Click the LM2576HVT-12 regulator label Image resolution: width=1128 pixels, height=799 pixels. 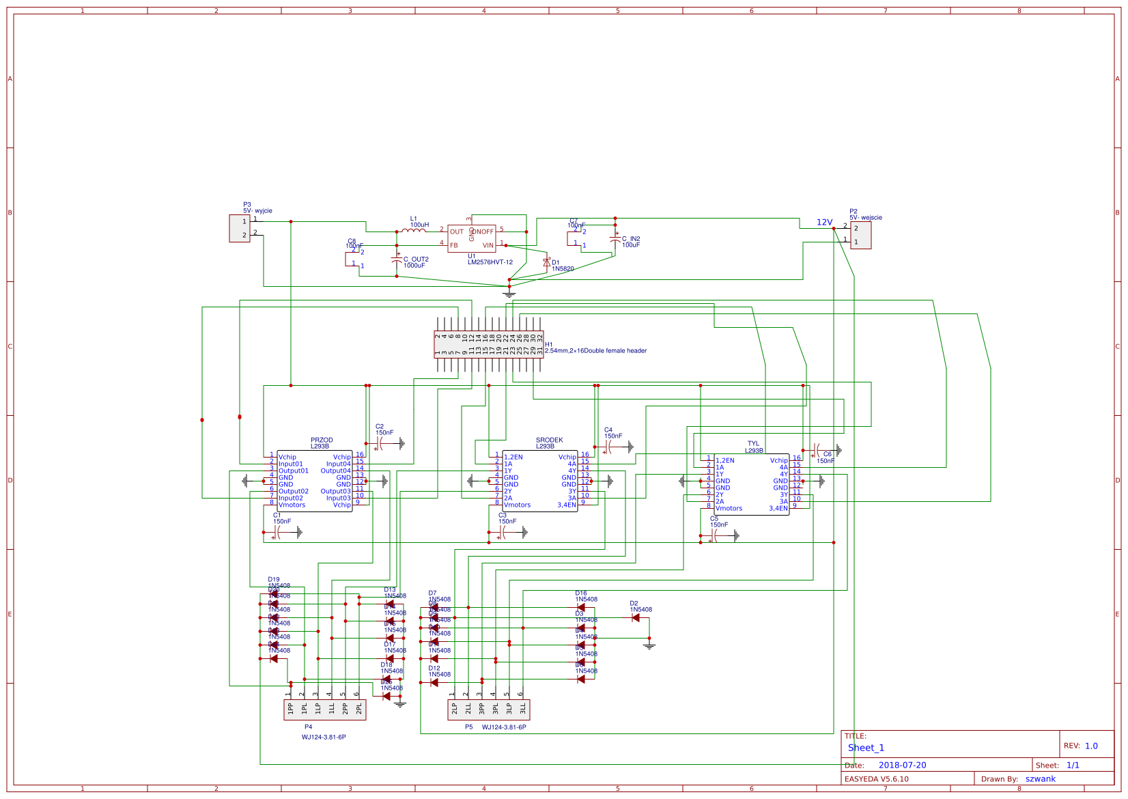point(490,262)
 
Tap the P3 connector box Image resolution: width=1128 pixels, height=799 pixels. point(240,228)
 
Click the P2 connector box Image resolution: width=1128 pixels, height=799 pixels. point(860,235)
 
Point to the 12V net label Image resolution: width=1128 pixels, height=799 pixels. point(824,223)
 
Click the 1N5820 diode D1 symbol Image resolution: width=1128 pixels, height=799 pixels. point(546,262)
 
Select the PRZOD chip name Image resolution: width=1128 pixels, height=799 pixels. point(322,440)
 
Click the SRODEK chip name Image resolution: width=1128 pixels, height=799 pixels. point(549,440)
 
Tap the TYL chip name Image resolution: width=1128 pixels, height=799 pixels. point(753,444)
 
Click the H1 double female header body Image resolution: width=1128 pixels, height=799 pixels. point(489,345)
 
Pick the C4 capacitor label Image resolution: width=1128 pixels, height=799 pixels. point(608,430)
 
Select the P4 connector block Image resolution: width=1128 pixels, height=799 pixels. point(325,710)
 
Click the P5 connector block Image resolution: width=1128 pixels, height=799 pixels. point(489,710)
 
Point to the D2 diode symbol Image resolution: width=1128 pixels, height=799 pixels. point(636,618)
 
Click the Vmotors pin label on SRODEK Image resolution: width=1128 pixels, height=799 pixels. point(517,505)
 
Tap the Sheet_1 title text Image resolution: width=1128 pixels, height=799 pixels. point(866,748)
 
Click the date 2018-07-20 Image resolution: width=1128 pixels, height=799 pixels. point(902,766)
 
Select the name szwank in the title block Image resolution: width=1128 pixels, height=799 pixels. point(1040,779)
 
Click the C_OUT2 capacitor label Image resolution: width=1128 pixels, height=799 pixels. point(416,260)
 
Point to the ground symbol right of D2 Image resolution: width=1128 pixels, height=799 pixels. point(649,644)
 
